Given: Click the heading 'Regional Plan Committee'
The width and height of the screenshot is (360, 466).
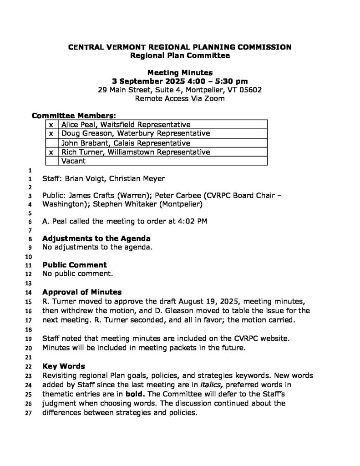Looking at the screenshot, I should coord(180,56).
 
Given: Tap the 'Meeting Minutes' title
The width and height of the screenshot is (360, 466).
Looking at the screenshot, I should coord(180,72).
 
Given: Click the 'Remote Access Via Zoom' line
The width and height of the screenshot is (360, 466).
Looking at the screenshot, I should coord(180,98).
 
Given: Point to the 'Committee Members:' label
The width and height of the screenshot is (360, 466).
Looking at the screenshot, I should coord(73,116).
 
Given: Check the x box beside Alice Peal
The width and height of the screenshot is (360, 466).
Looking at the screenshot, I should coord(51,125).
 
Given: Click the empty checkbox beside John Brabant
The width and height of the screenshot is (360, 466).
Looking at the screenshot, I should coord(51,143).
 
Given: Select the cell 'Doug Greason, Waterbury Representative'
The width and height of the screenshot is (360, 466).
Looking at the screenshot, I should coord(136,134).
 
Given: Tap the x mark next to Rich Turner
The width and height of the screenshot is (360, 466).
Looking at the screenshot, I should coord(51,152).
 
